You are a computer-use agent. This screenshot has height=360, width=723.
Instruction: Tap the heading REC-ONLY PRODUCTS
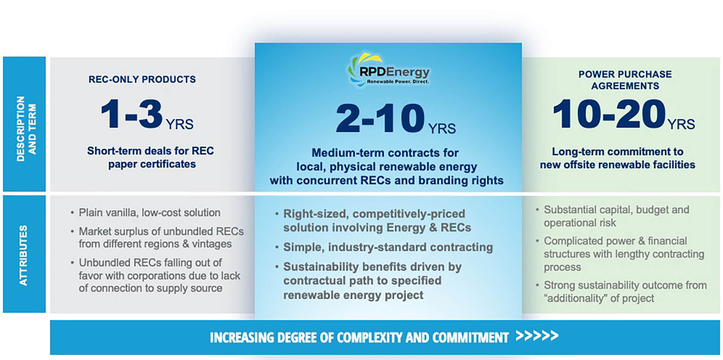(x=142, y=79)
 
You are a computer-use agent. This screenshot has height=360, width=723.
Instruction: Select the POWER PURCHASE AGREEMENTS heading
(x=625, y=80)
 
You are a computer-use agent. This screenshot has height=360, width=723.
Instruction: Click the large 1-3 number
(x=132, y=114)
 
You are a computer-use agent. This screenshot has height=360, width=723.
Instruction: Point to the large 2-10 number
(x=380, y=118)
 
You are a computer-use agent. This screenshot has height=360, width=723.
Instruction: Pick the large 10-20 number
(x=609, y=113)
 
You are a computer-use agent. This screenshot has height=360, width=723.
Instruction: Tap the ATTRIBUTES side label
(x=23, y=255)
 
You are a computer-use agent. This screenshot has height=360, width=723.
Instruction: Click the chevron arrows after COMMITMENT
(x=537, y=336)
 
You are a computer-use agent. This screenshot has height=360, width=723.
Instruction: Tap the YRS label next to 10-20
(x=681, y=124)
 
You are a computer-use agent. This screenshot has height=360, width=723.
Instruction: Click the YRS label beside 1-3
(x=180, y=124)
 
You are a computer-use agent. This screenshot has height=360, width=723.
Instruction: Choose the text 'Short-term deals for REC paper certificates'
(x=151, y=157)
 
